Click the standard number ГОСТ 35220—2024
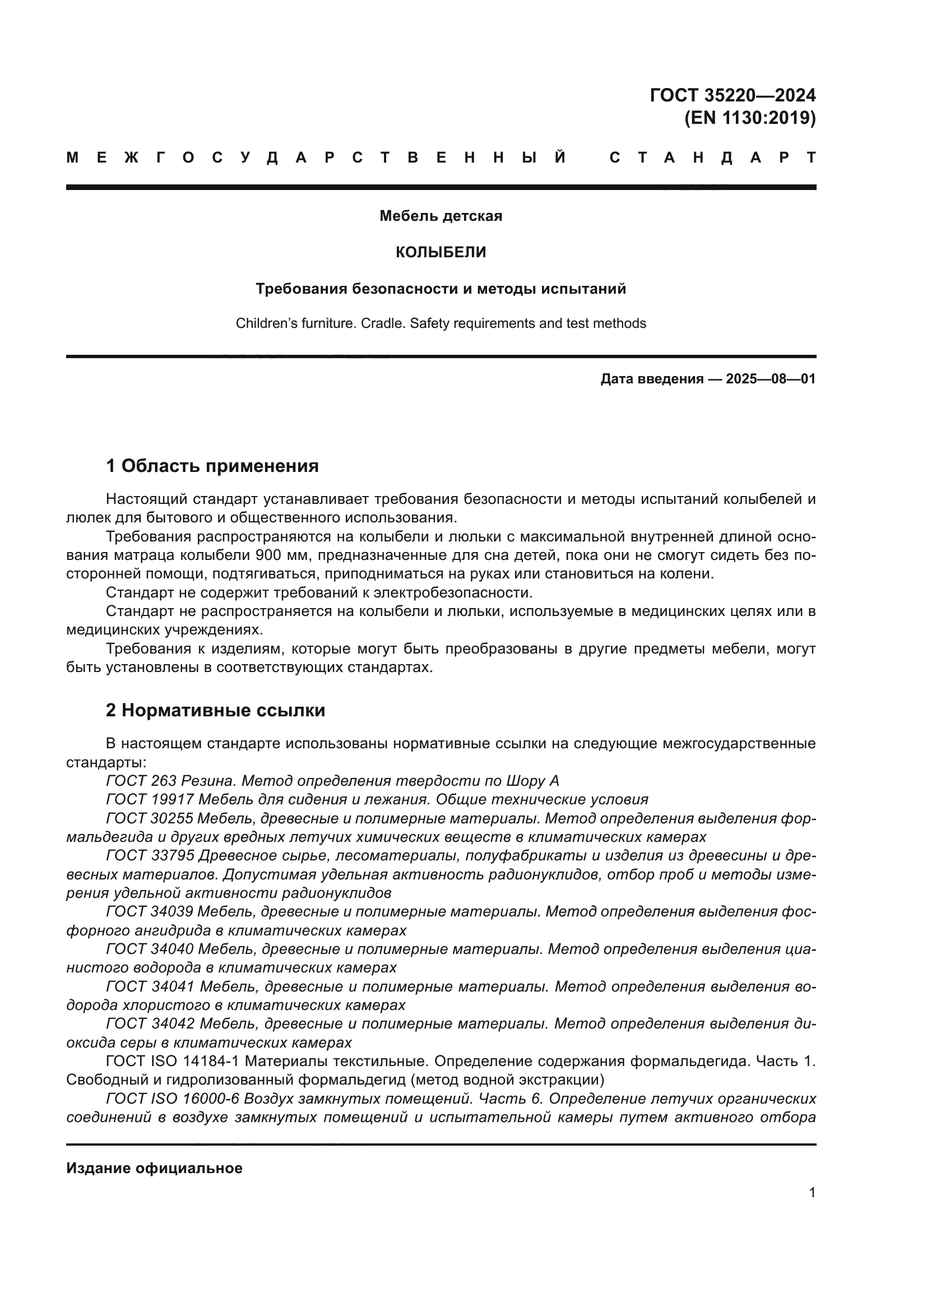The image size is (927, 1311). tap(733, 95)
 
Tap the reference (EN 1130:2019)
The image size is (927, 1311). tap(749, 118)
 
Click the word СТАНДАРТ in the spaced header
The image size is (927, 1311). tap(712, 157)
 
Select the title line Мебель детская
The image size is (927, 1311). tap(441, 216)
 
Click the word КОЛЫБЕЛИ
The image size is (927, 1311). tap(441, 252)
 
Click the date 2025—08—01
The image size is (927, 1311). tap(771, 379)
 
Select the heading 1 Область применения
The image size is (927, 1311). tap(212, 466)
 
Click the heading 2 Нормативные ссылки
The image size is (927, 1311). tap(215, 710)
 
